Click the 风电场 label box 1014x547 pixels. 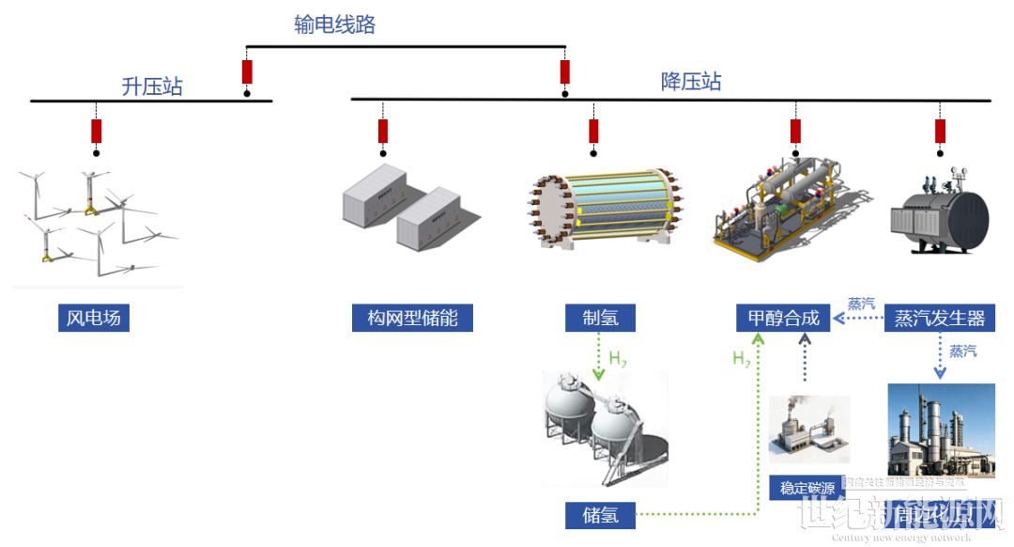click(93, 318)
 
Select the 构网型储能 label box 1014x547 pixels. click(412, 318)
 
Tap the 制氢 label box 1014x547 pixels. click(599, 318)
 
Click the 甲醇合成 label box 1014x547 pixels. click(783, 318)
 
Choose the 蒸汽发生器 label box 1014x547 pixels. click(939, 318)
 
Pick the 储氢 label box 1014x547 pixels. click(599, 514)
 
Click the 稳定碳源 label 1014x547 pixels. click(807, 488)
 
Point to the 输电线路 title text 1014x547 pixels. click(334, 25)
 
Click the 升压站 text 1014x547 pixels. click(152, 87)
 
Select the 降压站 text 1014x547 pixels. click(691, 82)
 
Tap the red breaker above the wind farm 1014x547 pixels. click(96, 132)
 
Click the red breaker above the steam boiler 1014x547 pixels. click(940, 132)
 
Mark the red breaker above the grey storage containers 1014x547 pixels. click(383, 132)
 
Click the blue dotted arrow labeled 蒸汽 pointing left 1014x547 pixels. click(858, 319)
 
